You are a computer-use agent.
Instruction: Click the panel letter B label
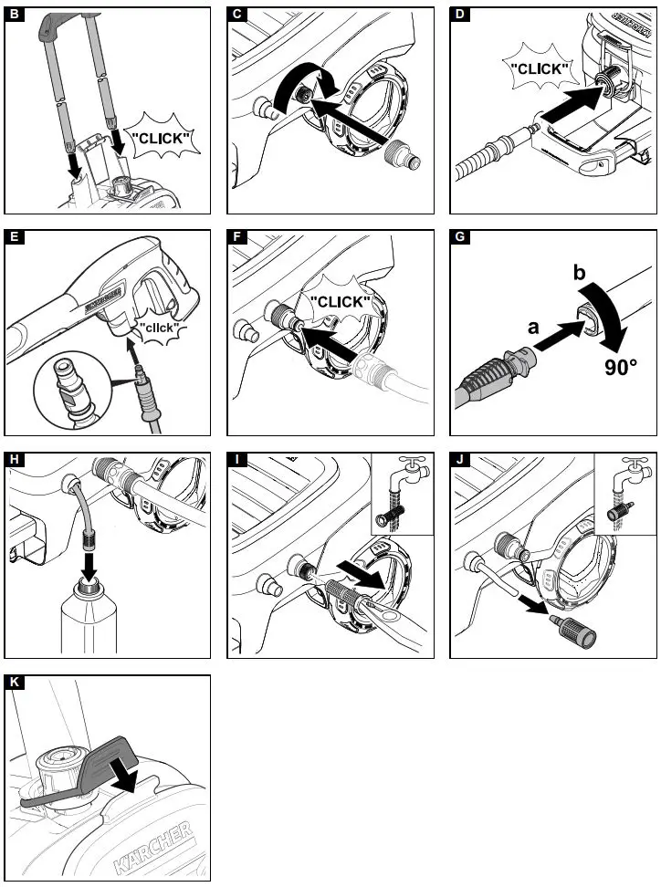14,15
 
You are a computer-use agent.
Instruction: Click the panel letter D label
460,15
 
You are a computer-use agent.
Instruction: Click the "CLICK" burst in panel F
340,302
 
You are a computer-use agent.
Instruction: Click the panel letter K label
14,683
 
